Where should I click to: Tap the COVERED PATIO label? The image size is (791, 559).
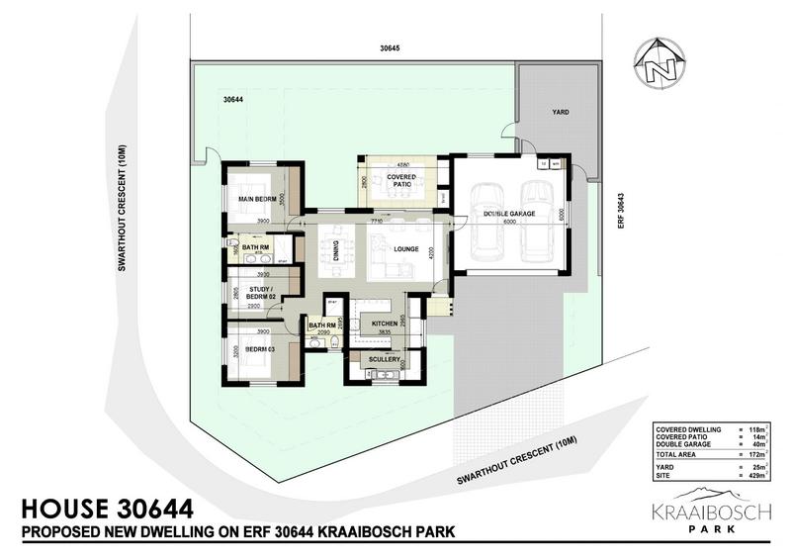click(400, 176)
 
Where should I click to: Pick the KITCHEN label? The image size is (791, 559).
click(385, 324)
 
